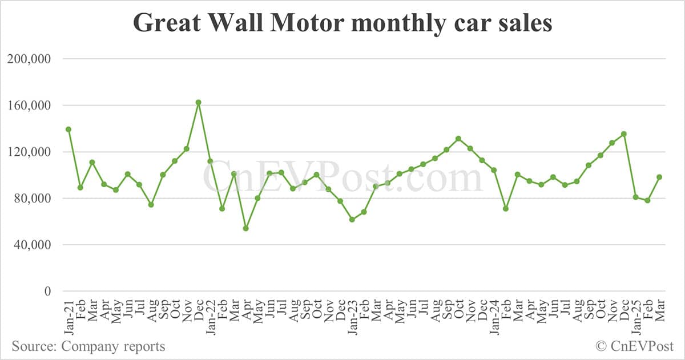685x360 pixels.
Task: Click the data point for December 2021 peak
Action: tap(198, 103)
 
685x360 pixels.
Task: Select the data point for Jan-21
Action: tap(68, 130)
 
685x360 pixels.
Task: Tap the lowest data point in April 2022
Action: tap(245, 228)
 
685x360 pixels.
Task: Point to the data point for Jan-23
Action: tap(352, 220)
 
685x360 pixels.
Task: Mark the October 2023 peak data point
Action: tap(458, 139)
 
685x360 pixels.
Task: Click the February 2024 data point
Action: tap(506, 209)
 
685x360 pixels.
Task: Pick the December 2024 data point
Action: tap(624, 134)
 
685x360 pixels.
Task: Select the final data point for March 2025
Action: tap(659, 177)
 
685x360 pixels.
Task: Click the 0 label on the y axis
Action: tap(47, 292)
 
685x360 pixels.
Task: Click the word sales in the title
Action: tap(523, 23)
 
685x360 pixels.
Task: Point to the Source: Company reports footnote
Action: tap(88, 346)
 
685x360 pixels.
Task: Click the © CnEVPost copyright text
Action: tap(635, 346)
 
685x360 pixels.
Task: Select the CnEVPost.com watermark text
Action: tap(342, 178)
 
